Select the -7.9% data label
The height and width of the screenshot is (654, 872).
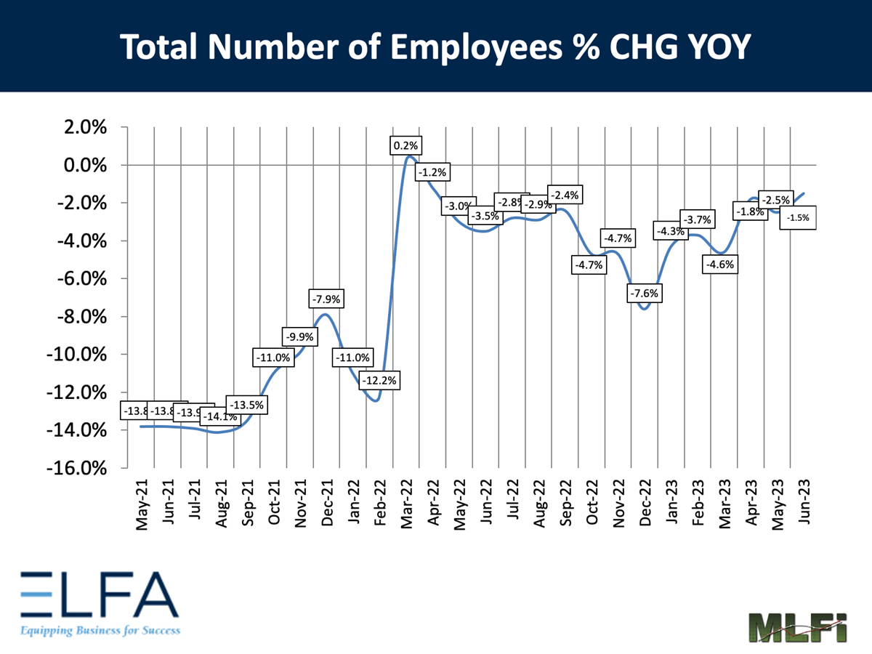(x=327, y=299)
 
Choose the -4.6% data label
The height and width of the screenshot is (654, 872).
(x=720, y=265)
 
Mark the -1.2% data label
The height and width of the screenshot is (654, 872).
(x=434, y=173)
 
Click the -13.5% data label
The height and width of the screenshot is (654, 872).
(x=249, y=405)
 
